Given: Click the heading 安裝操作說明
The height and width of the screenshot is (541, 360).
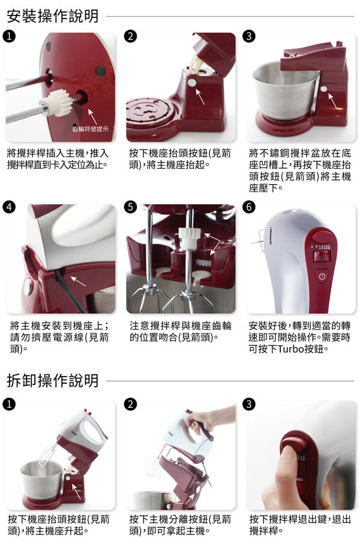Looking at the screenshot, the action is coord(53,16).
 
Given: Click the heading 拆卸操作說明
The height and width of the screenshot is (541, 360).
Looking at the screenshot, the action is coord(53,381).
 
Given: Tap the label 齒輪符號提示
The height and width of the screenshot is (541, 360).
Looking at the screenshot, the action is coord(90,129).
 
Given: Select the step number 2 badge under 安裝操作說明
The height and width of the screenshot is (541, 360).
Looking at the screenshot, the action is coord(130,36).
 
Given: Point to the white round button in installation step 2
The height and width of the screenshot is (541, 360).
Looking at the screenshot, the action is coord(191,83).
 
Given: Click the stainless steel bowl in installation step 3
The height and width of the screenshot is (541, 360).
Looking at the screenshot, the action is coord(285,90).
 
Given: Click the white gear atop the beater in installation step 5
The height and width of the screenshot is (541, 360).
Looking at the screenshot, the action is coord(187,238).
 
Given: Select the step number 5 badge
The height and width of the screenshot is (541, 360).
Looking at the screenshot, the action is coord(130,207).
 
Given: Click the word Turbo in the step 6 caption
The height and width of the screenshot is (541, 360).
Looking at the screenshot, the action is coord(290,349).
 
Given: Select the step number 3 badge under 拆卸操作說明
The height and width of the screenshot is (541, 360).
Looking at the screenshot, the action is coord(249,404).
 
